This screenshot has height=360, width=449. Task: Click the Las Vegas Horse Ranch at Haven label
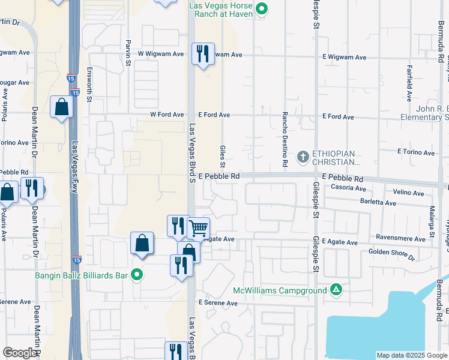tap(221, 10)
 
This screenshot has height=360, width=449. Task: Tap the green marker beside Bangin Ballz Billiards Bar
tap(137, 275)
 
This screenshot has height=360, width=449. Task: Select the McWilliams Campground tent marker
tap(337, 290)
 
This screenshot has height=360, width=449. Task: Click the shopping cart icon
tap(198, 228)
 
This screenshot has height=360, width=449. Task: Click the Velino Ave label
tap(410, 193)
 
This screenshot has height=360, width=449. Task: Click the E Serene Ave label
tap(218, 303)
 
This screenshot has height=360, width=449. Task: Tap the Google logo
tap(20, 353)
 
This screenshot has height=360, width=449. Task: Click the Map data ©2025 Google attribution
tap(412, 355)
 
